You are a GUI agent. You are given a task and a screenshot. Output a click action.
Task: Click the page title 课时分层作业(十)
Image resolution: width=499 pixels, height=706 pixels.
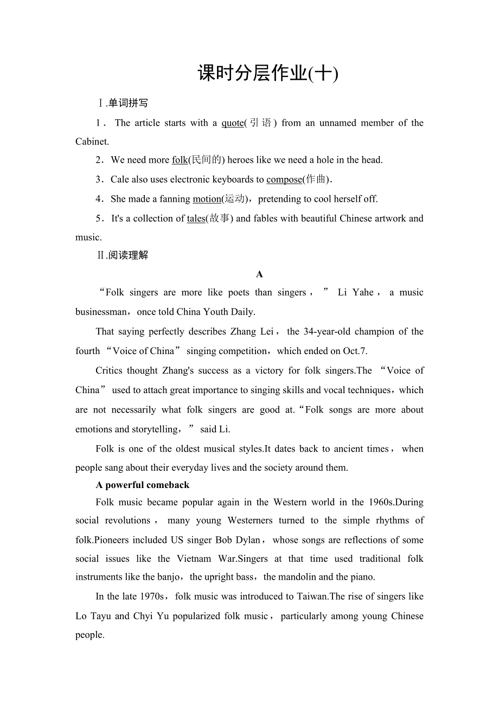[x=268, y=73]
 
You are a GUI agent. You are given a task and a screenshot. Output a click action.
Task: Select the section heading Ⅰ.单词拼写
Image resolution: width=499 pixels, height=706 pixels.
[x=123, y=103]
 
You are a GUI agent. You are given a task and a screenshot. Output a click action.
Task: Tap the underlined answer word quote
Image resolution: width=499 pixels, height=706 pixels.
[x=233, y=123]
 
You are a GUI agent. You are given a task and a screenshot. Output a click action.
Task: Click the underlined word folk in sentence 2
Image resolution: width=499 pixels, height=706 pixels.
[x=180, y=160]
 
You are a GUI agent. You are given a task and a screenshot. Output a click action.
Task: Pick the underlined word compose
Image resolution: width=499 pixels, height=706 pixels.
[x=284, y=179]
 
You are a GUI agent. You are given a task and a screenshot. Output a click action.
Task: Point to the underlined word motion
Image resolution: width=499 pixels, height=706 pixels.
[x=207, y=199]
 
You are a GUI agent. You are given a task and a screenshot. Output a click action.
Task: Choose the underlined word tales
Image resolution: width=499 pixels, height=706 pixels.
[x=196, y=219]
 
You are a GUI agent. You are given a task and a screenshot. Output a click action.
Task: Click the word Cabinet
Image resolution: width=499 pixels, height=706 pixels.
[x=92, y=142]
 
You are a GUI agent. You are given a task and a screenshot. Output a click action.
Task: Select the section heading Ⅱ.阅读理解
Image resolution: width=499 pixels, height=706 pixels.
[x=123, y=255]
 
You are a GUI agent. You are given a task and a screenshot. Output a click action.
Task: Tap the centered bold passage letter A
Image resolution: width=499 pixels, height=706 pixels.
[x=259, y=274]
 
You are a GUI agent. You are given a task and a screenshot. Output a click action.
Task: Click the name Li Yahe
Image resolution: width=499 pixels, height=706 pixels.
[x=355, y=293]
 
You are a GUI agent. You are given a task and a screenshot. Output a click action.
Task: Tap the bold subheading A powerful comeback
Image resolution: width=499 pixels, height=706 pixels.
[x=143, y=485]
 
